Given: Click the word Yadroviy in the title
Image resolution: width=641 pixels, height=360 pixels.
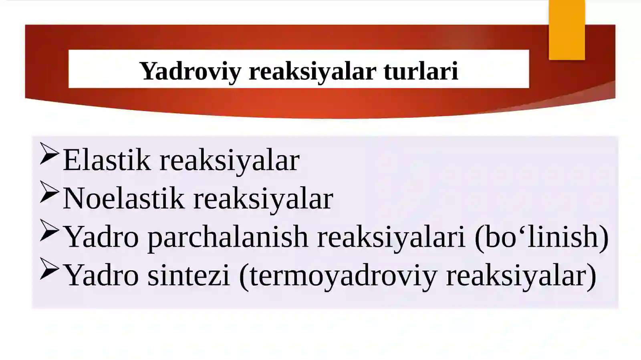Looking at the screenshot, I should coord(190,71).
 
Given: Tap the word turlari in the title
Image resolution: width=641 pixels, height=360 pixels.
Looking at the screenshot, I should coord(420,71).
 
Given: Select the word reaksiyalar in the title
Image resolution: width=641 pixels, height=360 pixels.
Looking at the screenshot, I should coord(312,71).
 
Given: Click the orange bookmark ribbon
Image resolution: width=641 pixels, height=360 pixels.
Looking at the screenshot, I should coord(566,30).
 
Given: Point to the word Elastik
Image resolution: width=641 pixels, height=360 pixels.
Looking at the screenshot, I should coord(107,160).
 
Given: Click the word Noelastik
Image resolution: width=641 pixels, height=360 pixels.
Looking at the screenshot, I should coord(123,198).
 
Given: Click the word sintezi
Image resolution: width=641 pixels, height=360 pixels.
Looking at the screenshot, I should coord(189,275).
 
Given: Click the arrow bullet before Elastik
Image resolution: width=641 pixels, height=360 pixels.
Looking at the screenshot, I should coord(49,154).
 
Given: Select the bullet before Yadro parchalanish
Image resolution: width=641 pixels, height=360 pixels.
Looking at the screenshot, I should coord(49,231).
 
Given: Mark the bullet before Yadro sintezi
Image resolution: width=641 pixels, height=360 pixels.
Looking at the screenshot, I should coord(49,269).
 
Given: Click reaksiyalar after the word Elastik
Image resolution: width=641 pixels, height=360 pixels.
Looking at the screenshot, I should coord(230,160).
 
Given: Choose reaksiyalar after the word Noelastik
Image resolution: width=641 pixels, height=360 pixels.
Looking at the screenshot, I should coord(263,199).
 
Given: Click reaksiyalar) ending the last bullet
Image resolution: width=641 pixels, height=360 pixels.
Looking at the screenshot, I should coord(521,276).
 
